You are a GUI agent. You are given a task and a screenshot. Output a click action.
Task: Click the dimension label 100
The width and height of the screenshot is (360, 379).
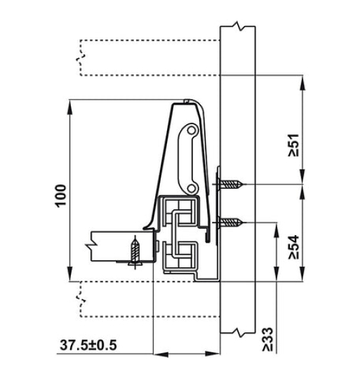[62, 194]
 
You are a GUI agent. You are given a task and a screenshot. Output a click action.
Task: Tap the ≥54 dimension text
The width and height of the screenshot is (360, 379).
[294, 247]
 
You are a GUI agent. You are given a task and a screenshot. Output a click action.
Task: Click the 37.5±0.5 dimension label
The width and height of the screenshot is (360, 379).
[87, 345]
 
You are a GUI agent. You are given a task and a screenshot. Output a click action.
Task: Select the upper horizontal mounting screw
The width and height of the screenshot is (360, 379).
[232, 185]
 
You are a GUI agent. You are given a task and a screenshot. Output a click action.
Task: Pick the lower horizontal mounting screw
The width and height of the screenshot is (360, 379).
[232, 224]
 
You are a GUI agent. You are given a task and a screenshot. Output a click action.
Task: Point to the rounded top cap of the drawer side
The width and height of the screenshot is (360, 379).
[188, 105]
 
